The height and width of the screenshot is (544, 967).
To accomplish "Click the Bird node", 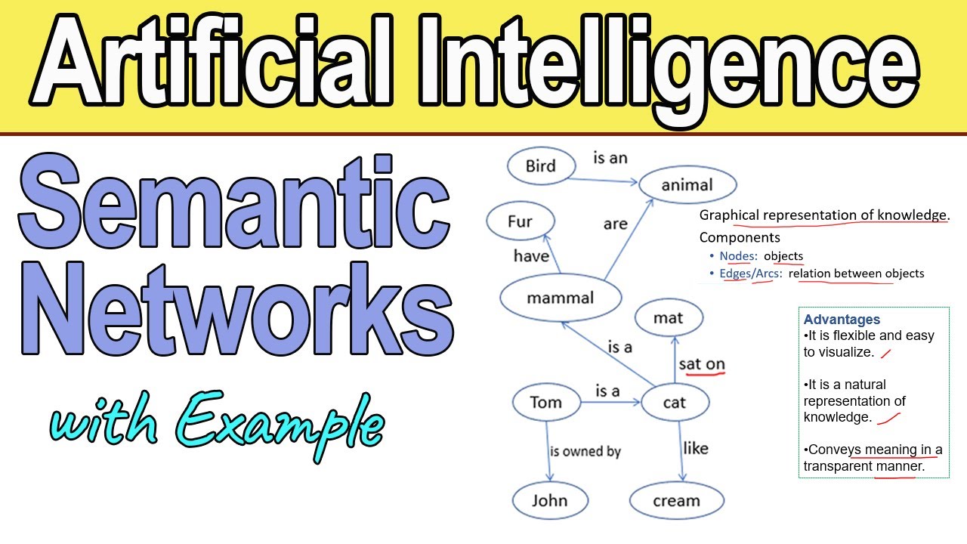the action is (x=540, y=166).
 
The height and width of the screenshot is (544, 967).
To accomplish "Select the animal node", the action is (x=687, y=184).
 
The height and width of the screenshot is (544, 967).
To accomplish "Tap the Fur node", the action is (x=520, y=221).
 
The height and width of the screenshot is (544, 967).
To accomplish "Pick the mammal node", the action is (x=561, y=298).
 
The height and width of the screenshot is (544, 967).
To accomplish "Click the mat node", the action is (x=669, y=318).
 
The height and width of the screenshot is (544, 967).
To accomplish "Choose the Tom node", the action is (x=545, y=402).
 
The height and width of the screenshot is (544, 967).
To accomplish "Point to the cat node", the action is (x=674, y=402).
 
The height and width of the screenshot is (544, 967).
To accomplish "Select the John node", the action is (x=549, y=500).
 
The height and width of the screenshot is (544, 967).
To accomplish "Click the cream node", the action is (x=676, y=500).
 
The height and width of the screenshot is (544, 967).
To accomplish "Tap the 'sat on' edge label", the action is (x=702, y=364).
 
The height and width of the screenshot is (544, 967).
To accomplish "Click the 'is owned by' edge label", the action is (x=585, y=451).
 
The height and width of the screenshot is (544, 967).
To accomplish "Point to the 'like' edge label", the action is (x=695, y=448).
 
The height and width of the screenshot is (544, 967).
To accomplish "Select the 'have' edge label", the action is (x=531, y=256).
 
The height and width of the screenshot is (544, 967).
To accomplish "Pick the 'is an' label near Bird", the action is (x=610, y=158).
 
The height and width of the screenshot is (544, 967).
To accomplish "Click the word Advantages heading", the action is (x=842, y=320).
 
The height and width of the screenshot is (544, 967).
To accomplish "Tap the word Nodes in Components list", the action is (x=737, y=256).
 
